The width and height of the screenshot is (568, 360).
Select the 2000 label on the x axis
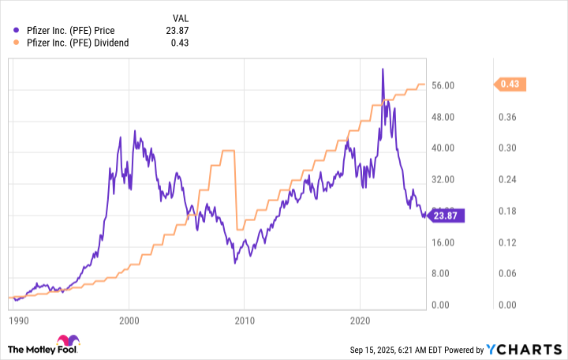pyautogui.click(x=129, y=321)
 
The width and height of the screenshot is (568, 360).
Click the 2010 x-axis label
pyautogui.click(x=245, y=321)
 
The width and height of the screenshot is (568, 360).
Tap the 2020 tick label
pyautogui.click(x=360, y=321)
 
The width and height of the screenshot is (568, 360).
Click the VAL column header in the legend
pyautogui.click(x=180, y=17)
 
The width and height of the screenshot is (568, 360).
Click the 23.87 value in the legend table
pyautogui.click(x=176, y=31)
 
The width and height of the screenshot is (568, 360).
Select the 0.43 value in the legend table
pyautogui.click(x=179, y=43)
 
